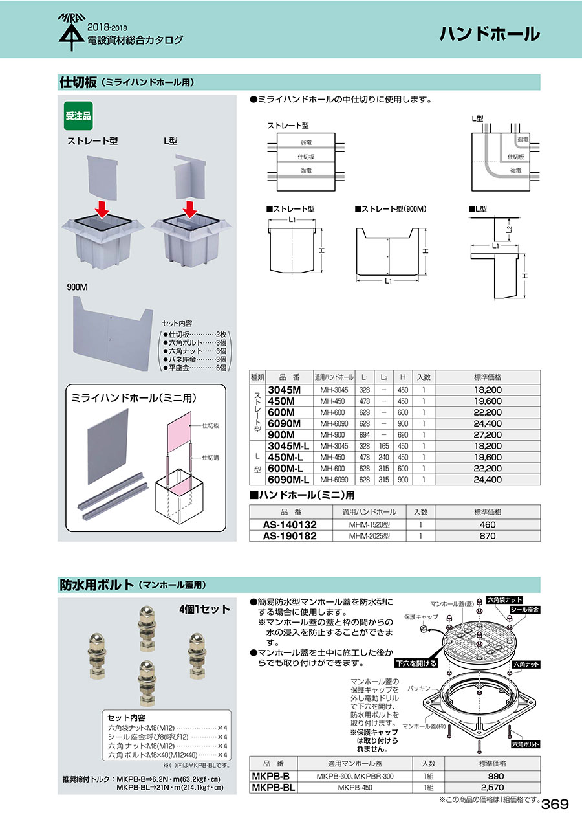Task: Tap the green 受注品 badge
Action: (78, 117)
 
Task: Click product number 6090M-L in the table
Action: (288, 480)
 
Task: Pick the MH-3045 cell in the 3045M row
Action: (334, 391)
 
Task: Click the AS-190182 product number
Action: (290, 536)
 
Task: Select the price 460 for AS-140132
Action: (487, 525)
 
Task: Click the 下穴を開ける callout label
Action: (416, 664)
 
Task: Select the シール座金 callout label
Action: (524, 610)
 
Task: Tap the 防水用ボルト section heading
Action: (96, 585)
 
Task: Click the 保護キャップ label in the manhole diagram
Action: (422, 617)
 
